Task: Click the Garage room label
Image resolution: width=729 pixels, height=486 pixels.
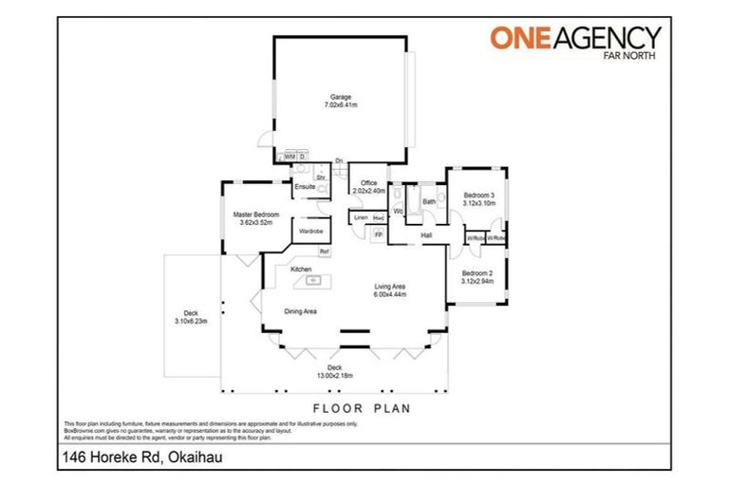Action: [341, 97]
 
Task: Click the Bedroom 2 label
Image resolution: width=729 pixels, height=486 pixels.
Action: [477, 274]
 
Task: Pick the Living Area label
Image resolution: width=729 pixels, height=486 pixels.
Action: [391, 288]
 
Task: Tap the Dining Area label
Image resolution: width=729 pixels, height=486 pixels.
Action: [301, 311]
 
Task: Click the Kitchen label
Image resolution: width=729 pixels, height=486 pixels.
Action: [302, 270]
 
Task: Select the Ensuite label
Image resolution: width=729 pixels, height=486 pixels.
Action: [305, 187]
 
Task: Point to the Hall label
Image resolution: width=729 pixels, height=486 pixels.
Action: [427, 235]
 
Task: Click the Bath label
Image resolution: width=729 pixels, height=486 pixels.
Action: [429, 201]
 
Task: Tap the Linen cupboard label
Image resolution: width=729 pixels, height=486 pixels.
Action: [361, 219]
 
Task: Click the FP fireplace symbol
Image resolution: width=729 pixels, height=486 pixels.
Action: [379, 234]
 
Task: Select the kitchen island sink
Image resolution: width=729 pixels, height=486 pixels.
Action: [311, 280]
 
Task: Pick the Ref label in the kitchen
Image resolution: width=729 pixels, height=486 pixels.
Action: [324, 251]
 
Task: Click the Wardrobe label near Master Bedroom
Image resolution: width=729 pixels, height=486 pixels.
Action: [310, 231]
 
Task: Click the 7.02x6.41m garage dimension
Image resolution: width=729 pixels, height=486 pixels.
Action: [341, 105]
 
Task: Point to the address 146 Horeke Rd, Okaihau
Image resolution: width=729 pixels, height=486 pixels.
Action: [137, 457]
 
